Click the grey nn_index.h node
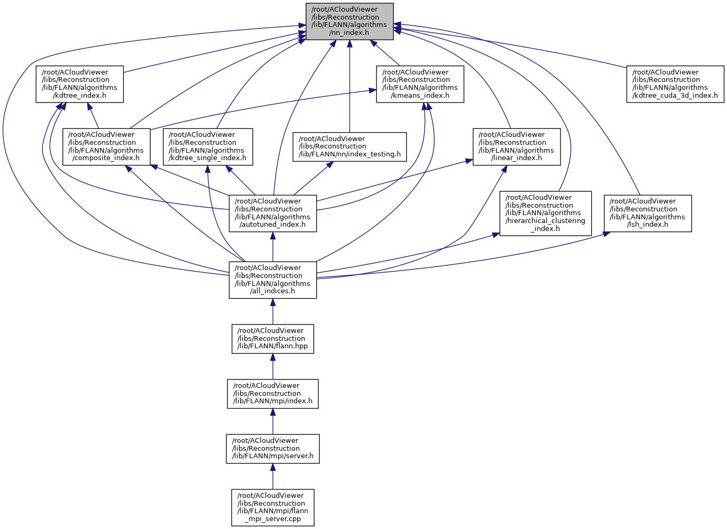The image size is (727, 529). [x=349, y=21]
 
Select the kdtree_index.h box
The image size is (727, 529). [x=79, y=84]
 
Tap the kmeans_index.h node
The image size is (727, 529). [x=420, y=84]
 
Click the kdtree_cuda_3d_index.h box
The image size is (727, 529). [x=675, y=84]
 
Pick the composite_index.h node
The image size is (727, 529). [x=106, y=146]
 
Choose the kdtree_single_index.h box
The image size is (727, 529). [x=207, y=146]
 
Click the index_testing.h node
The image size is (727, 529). [x=349, y=146]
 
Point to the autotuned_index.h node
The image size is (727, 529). [x=272, y=213]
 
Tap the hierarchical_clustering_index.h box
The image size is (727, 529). [x=545, y=213]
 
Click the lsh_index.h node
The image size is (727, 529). [x=647, y=213]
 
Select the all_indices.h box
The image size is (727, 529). [x=272, y=280]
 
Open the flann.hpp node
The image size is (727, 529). [x=272, y=339]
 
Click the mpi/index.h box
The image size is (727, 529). [x=272, y=394]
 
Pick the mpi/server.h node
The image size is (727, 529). [x=272, y=449]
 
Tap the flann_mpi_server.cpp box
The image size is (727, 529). [x=272, y=507]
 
